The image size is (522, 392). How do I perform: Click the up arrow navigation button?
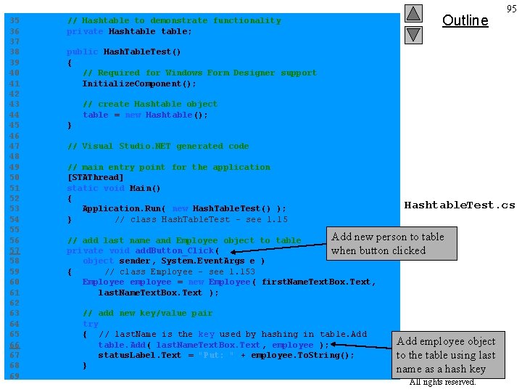pyautogui.click(x=413, y=14)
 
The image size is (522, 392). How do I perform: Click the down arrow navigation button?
pyautogui.click(x=413, y=34)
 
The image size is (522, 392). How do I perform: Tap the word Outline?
pyautogui.click(x=465, y=20)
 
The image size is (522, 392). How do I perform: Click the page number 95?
pyautogui.click(x=512, y=9)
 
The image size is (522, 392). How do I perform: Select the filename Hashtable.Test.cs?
pyautogui.click(x=459, y=205)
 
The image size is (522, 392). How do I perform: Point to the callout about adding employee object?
pyautogui.click(x=446, y=355)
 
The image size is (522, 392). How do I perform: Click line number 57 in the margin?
pyautogui.click(x=14, y=250)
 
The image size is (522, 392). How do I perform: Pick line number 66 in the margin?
pyautogui.click(x=14, y=345)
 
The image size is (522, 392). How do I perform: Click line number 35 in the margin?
pyautogui.click(x=14, y=21)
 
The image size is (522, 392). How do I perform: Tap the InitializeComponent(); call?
pyautogui.click(x=139, y=83)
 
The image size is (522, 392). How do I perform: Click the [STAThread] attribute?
pyautogui.click(x=95, y=177)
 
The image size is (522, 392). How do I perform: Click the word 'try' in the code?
pyautogui.click(x=90, y=324)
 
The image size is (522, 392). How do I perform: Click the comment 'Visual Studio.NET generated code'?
pyautogui.click(x=157, y=146)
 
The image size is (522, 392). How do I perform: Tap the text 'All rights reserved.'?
pyautogui.click(x=442, y=382)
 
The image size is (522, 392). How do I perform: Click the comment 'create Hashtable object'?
pyautogui.click(x=150, y=104)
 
